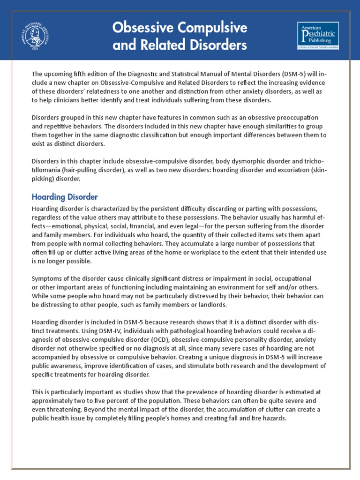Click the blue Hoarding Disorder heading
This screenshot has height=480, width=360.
(65, 196)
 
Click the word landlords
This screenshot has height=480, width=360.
(210, 305)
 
